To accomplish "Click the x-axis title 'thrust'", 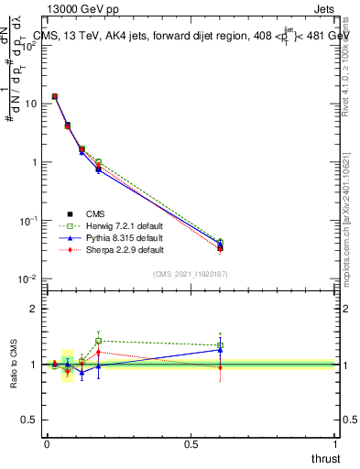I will click(324, 457).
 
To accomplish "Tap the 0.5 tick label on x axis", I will click(190, 443).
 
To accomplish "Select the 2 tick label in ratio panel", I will click(32, 309).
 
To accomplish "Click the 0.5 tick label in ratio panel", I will click(27, 420).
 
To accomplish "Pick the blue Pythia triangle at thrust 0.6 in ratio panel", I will click(220, 349).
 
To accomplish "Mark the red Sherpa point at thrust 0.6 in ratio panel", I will click(220, 367).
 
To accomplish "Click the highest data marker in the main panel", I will click(55, 96).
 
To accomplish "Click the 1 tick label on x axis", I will click(334, 443).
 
